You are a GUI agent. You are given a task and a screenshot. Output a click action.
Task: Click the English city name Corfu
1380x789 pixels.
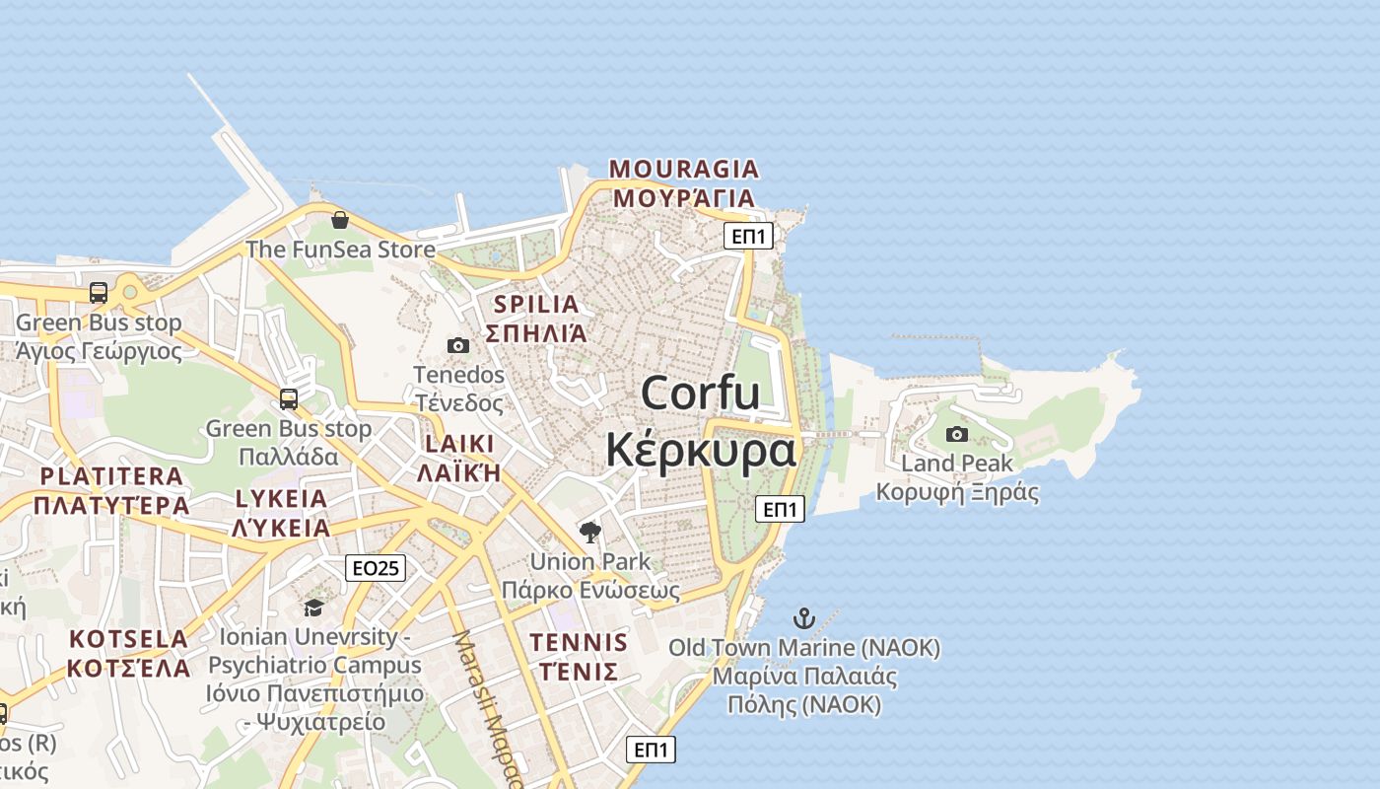pyautogui.click(x=700, y=394)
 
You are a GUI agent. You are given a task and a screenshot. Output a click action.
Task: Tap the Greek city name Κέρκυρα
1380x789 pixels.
pyautogui.click(x=700, y=450)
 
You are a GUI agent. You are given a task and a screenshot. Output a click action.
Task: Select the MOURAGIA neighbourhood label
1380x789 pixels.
pyautogui.click(x=684, y=169)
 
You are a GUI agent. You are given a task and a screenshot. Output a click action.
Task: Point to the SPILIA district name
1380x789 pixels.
pyautogui.click(x=536, y=304)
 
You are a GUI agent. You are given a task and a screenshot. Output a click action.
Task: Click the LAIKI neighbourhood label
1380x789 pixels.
pyautogui.click(x=459, y=443)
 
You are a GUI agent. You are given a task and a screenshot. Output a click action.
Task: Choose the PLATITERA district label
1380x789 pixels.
pyautogui.click(x=111, y=476)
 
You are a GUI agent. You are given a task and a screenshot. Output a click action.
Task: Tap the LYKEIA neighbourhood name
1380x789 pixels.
pyautogui.click(x=281, y=498)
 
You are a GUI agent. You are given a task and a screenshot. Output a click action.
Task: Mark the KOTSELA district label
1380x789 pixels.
pyautogui.click(x=128, y=639)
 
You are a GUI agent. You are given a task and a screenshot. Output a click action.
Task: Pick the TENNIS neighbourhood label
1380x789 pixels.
pyautogui.click(x=579, y=643)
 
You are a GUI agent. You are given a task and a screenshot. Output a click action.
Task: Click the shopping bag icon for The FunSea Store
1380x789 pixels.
pyautogui.click(x=340, y=219)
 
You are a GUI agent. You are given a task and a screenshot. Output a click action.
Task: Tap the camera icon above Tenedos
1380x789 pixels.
pyautogui.click(x=458, y=345)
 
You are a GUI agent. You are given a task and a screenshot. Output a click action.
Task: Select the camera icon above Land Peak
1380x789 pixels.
pyautogui.click(x=956, y=434)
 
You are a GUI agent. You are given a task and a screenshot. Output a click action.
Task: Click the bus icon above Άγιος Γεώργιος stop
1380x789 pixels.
pyautogui.click(x=99, y=292)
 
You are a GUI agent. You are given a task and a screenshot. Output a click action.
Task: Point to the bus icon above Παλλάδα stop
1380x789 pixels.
pyautogui.click(x=289, y=398)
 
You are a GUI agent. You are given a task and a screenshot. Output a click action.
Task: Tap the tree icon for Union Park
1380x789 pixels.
pyautogui.click(x=590, y=533)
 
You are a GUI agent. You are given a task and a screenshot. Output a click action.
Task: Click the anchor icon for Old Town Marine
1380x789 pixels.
pyautogui.click(x=804, y=618)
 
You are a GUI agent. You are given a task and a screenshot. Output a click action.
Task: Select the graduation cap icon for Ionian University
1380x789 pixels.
pyautogui.click(x=314, y=608)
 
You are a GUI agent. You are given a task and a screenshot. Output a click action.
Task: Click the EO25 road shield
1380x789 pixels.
pyautogui.click(x=376, y=568)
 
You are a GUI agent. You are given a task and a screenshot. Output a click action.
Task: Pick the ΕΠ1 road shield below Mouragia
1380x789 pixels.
pyautogui.click(x=749, y=236)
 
